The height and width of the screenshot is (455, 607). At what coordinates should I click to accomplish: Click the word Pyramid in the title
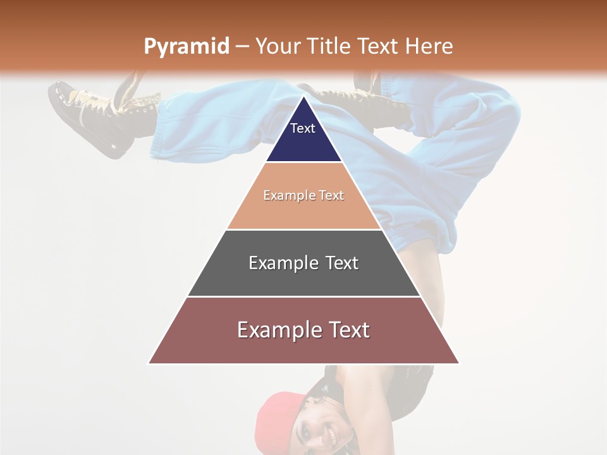tap(186, 47)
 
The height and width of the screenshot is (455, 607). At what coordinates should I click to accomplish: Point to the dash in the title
tap(242, 47)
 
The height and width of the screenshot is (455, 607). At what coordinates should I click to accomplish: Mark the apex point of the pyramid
tap(303, 97)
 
